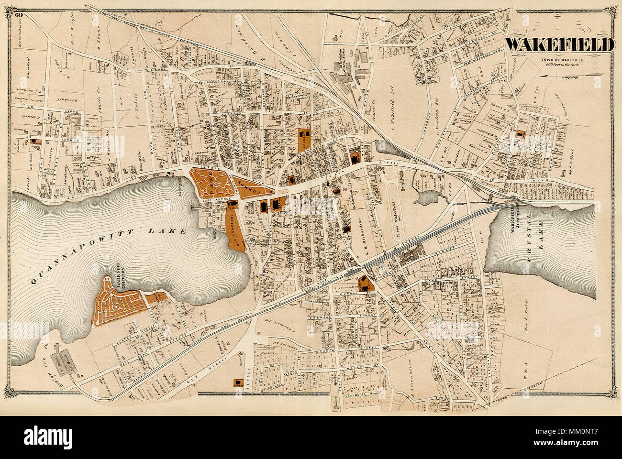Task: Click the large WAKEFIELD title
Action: click(559, 44)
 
